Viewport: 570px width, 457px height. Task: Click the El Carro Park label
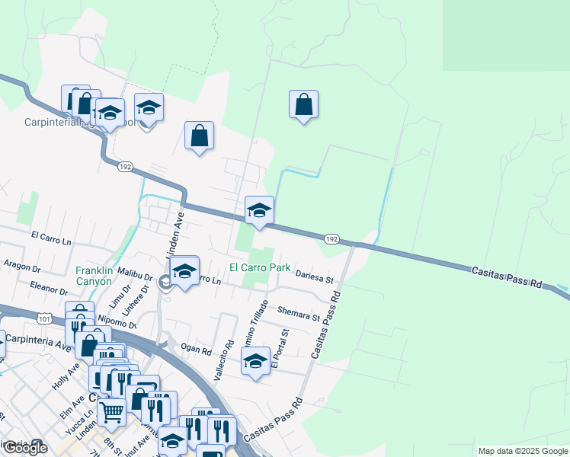pos(260,268)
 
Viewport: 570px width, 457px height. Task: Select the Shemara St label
pos(298,313)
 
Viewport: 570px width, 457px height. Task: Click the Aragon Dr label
pos(22,267)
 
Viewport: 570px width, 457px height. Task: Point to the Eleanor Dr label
pos(50,289)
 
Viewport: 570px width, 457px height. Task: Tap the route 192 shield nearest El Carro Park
pos(331,239)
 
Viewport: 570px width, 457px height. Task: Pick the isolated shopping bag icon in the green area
pos(303,105)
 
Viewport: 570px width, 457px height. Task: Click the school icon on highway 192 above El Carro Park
pos(259,210)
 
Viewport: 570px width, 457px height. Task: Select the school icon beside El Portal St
pos(256,361)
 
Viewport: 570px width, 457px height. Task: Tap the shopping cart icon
pos(111,412)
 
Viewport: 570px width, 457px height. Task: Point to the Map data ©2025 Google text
pos(523,451)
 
